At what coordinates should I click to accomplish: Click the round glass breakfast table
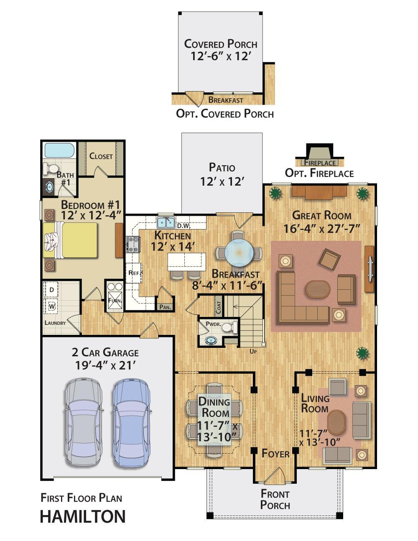click(x=239, y=253)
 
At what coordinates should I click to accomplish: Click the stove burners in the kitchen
click(x=134, y=244)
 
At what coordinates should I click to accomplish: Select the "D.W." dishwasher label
click(x=184, y=226)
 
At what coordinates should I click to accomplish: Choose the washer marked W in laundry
click(x=51, y=306)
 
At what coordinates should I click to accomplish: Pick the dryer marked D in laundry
click(x=51, y=290)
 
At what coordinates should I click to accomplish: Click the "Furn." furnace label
click(x=115, y=300)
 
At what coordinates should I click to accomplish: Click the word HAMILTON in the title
click(x=83, y=517)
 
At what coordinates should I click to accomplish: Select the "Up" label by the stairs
click(x=253, y=352)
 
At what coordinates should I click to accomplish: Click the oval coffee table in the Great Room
click(x=318, y=289)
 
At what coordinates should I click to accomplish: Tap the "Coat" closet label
click(x=219, y=307)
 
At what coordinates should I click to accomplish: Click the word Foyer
click(x=275, y=454)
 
